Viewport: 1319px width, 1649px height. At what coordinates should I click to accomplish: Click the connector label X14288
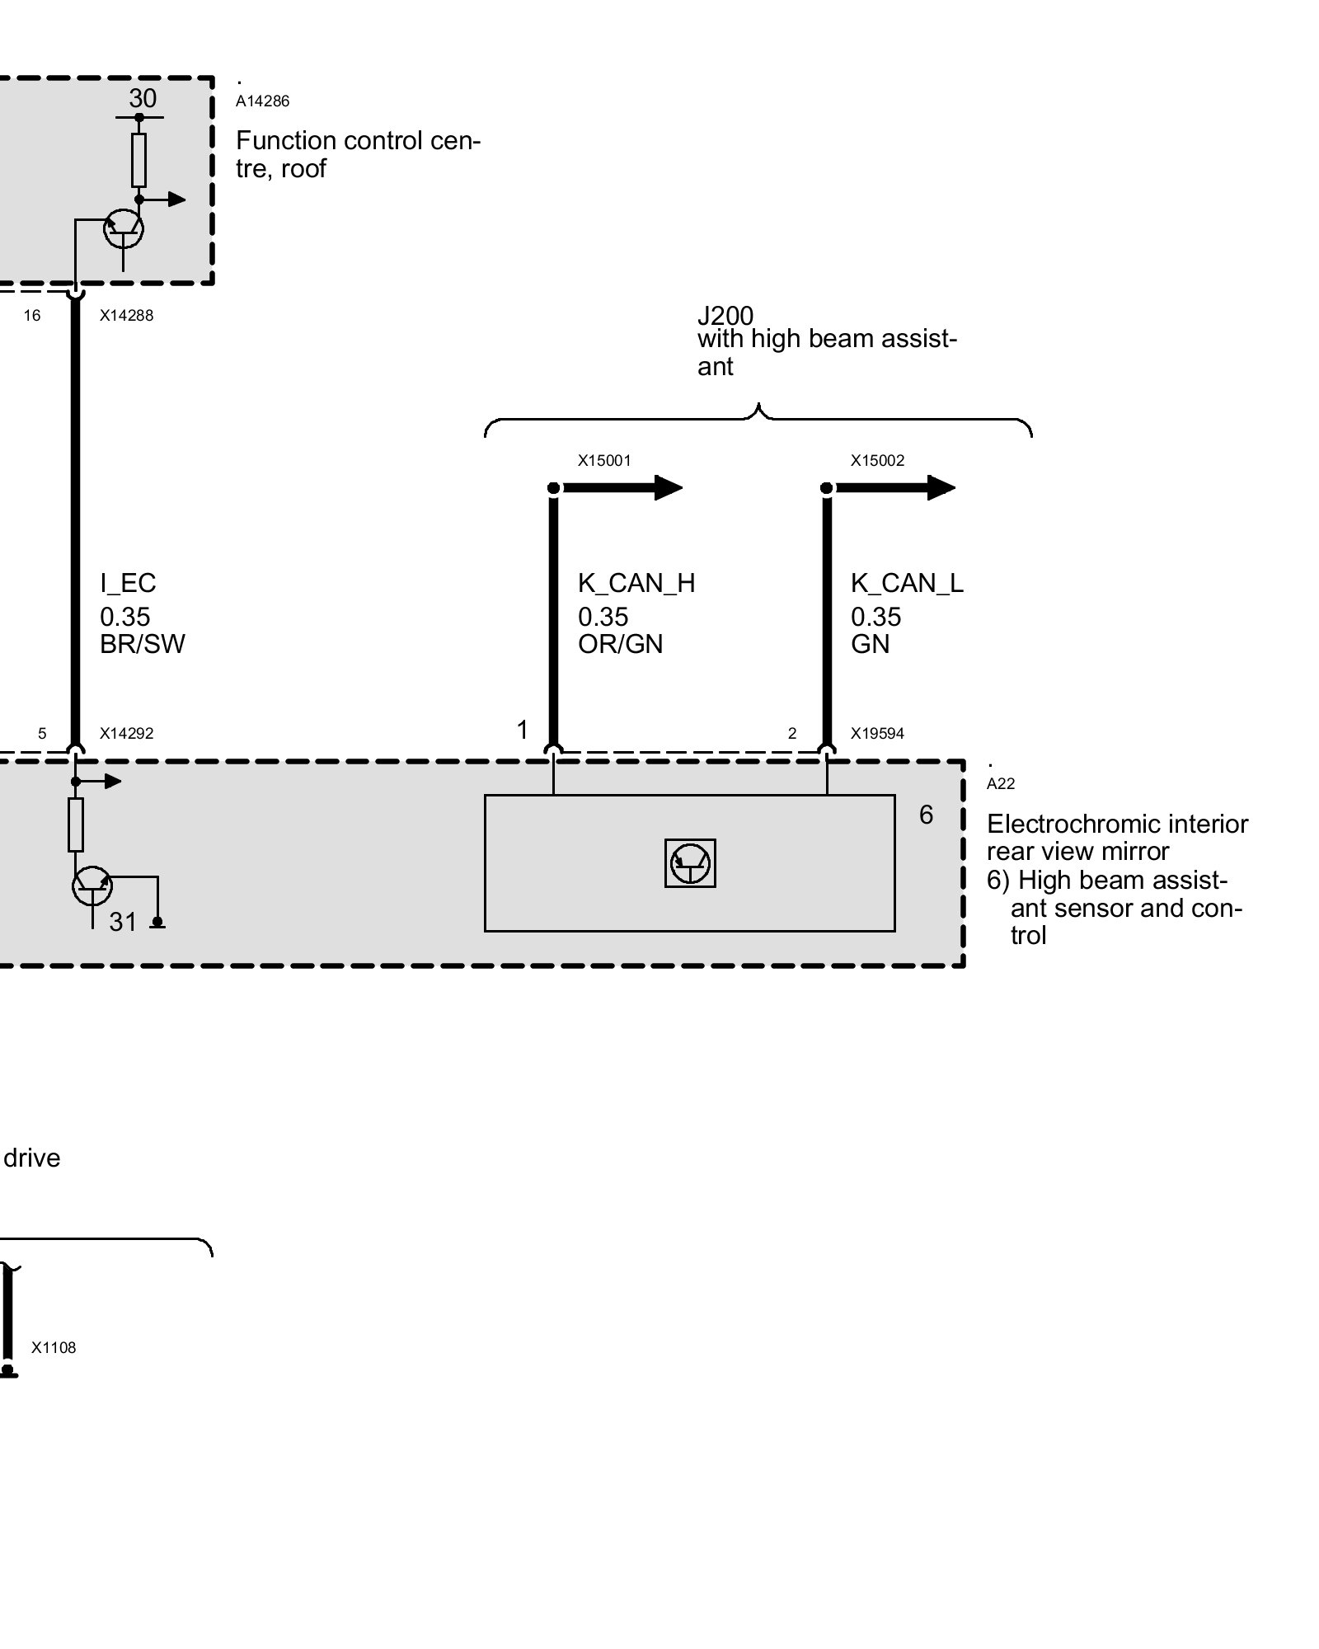(126, 316)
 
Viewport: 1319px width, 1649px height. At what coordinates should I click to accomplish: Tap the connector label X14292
(126, 734)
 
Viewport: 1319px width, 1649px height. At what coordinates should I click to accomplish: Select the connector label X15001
(604, 461)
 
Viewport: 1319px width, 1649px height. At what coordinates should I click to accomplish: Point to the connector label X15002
(877, 461)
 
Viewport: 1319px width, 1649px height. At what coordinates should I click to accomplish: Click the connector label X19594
(877, 734)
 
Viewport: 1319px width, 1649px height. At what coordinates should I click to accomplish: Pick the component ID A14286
(262, 101)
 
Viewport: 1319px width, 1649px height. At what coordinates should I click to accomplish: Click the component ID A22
(1001, 784)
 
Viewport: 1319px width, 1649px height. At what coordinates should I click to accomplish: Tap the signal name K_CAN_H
(636, 584)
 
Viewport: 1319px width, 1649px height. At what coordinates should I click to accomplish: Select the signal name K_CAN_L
(907, 584)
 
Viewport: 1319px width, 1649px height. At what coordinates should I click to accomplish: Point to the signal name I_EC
(128, 584)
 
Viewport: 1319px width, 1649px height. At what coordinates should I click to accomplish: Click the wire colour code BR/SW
(143, 644)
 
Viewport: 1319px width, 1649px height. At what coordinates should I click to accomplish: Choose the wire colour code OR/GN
(621, 644)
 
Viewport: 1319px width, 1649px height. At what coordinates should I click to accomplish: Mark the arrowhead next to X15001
(668, 488)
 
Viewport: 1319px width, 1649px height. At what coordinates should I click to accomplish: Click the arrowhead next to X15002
(941, 488)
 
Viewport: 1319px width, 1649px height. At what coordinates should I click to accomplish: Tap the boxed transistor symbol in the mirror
(690, 863)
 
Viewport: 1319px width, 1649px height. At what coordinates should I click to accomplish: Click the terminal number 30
(143, 98)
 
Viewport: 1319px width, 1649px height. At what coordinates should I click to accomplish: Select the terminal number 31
(123, 922)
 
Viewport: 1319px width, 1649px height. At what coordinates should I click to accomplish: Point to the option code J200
(725, 316)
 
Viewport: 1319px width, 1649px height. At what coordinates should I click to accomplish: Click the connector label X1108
(54, 1348)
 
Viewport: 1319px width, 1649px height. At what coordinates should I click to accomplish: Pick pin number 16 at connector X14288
(32, 316)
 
